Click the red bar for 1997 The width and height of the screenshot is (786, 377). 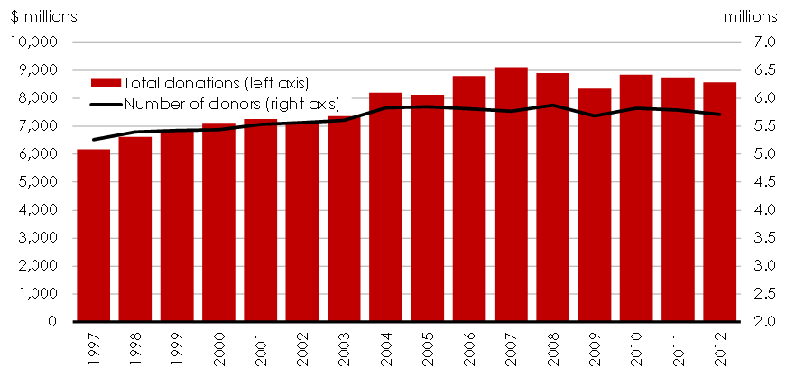[93, 235]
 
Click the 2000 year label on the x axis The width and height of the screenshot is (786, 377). [218, 348]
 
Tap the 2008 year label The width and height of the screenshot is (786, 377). [553, 348]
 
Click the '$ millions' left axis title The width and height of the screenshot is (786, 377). [43, 16]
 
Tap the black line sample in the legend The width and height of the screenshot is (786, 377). [106, 103]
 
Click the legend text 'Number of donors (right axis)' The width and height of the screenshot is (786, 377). [231, 103]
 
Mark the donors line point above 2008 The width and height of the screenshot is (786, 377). [552, 106]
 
